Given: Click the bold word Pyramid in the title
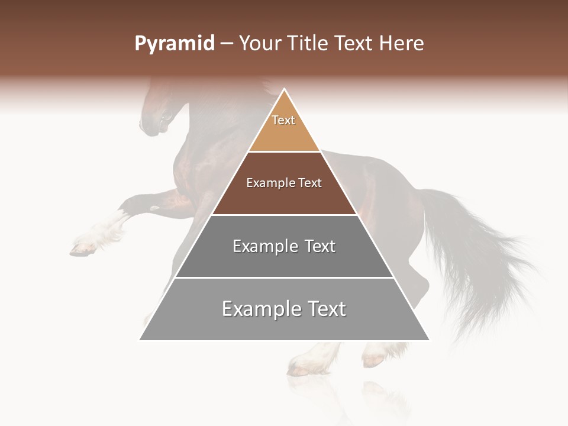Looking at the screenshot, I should point(175,44).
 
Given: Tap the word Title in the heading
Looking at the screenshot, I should point(307,44).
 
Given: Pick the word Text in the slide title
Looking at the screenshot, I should point(353,44).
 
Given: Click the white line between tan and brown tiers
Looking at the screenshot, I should point(284,152).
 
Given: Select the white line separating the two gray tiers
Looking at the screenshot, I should point(284,277).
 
